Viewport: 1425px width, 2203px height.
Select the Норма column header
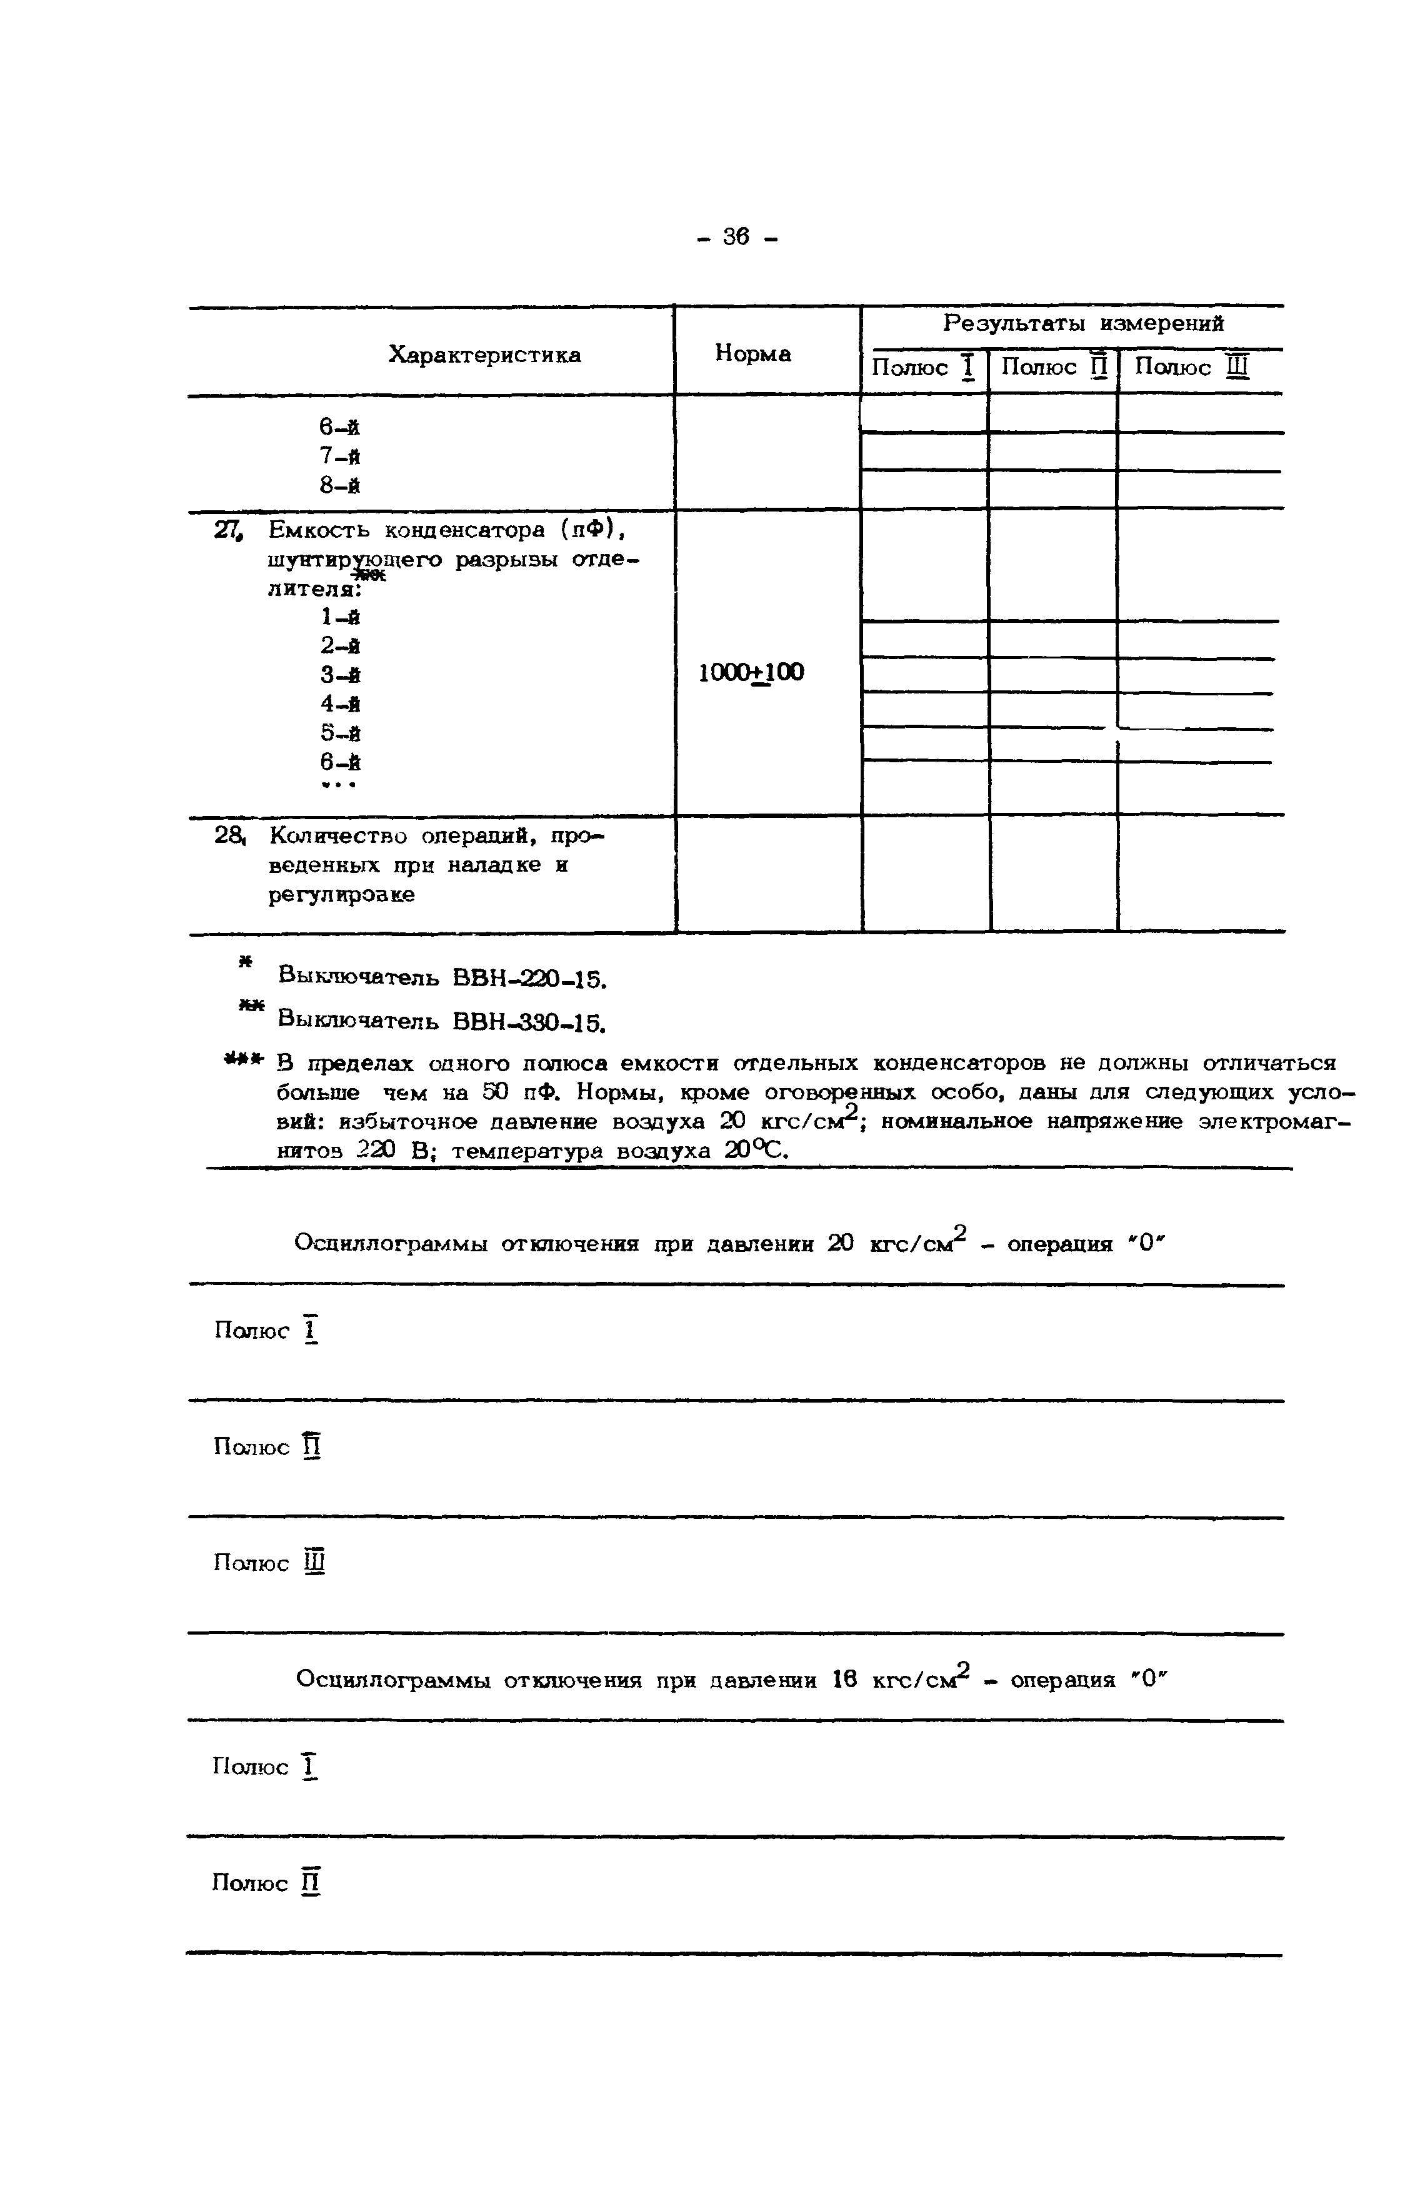tap(752, 353)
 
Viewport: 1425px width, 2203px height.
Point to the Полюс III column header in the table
tap(1192, 368)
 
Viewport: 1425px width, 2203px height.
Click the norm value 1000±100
tap(751, 673)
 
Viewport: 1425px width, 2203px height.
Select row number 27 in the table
tap(227, 530)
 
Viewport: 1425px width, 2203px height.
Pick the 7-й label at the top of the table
tap(339, 456)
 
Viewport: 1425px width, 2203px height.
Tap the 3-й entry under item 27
tap(339, 675)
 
